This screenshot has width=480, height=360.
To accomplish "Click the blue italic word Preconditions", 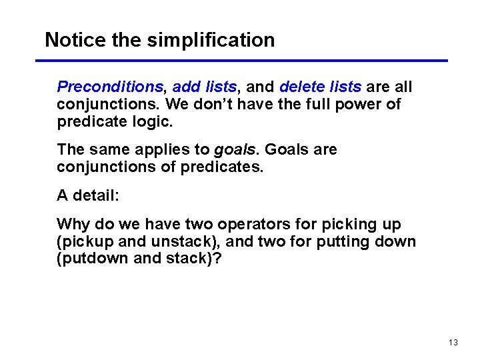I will tap(110, 87).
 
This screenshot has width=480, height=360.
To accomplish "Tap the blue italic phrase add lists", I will tap(204, 87).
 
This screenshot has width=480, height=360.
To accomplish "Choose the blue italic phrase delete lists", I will tap(321, 87).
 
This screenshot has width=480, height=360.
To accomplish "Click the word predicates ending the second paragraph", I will tap(226, 167).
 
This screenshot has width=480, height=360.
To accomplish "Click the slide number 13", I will tap(453, 343).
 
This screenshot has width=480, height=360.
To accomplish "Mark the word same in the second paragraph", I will tap(105, 150).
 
